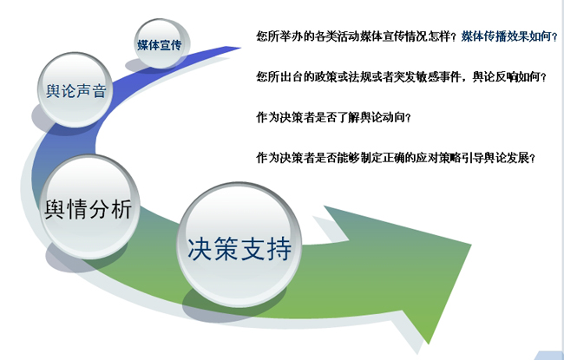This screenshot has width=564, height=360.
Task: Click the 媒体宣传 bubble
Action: tap(161, 44)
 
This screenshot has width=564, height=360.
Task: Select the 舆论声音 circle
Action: tap(75, 89)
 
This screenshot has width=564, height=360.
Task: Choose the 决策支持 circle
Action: tap(239, 245)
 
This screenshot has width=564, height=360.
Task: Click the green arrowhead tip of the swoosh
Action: tap(470, 245)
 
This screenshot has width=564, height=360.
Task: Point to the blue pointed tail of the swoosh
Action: tap(239, 48)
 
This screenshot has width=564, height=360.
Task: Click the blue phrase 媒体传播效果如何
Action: tap(507, 36)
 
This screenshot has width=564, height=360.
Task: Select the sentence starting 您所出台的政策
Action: tap(401, 76)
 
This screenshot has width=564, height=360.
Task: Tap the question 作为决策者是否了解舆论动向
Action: tap(333, 117)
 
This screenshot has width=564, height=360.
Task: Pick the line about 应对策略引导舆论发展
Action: tap(396, 158)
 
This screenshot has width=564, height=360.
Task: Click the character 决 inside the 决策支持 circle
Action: tap(200, 249)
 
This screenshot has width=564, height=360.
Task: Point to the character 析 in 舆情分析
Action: tap(121, 208)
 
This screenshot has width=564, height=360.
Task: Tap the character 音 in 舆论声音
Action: tap(99, 90)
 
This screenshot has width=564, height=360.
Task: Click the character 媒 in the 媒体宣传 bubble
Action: tap(142, 45)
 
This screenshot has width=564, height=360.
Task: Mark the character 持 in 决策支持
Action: tap(279, 249)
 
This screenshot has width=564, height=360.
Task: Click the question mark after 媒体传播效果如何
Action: tap(554, 36)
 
